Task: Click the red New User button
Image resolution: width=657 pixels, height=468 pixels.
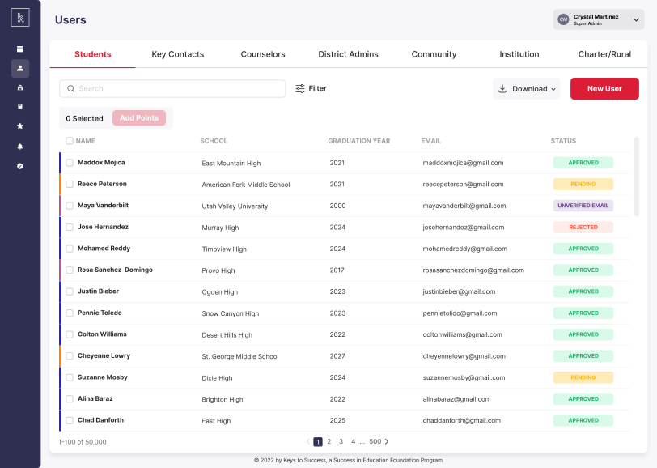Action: pos(604,88)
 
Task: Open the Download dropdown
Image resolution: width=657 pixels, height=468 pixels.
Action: pos(526,88)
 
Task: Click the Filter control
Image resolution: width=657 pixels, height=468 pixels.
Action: pos(311,88)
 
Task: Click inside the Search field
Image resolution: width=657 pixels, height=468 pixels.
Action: pos(172,88)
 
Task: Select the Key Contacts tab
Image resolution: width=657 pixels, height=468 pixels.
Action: pos(178,54)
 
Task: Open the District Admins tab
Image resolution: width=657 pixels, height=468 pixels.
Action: pos(348,54)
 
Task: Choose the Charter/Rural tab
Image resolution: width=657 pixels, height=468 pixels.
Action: pos(604,54)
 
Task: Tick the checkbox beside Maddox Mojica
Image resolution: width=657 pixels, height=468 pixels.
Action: pos(70,163)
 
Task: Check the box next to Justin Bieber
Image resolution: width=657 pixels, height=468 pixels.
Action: pos(70,291)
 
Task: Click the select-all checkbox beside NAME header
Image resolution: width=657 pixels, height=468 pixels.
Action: pos(70,141)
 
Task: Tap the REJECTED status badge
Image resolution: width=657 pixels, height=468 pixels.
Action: pos(583,227)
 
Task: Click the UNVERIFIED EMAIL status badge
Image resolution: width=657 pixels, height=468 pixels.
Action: pos(583,206)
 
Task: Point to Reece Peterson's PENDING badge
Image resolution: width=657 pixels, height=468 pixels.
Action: pos(583,184)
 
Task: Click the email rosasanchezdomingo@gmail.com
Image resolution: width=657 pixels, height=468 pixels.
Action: pos(473,270)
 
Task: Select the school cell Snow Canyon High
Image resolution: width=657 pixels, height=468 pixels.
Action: pos(231,313)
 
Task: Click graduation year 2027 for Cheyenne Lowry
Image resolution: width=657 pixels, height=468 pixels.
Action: pos(337,356)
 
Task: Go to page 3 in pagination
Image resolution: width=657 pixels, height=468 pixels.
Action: pos(341,441)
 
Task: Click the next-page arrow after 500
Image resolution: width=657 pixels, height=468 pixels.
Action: pos(387,441)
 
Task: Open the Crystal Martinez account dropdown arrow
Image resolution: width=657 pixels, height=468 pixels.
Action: pos(636,19)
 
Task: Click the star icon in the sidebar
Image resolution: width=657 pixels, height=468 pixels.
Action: pos(20,126)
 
